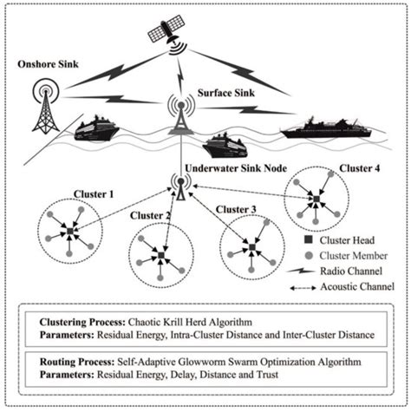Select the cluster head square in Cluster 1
pos(68,232)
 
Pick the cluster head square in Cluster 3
pos(251,249)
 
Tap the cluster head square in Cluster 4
pos(317,201)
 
